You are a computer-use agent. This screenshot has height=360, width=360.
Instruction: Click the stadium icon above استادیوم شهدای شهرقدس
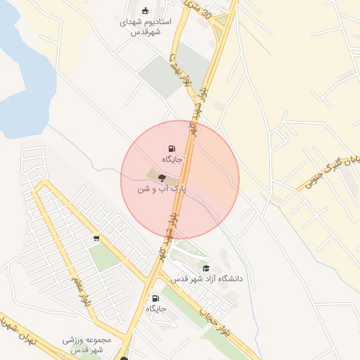click(146, 10)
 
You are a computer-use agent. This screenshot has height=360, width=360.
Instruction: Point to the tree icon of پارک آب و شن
click(162, 179)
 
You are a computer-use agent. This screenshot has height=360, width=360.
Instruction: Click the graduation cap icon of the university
click(206, 269)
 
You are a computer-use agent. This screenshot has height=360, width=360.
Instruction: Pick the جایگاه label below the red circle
click(156, 309)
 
